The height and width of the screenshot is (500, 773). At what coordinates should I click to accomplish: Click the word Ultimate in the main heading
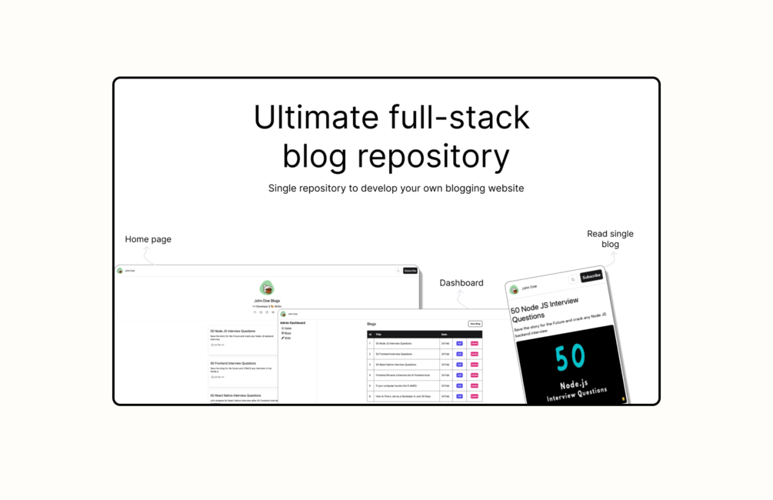316,118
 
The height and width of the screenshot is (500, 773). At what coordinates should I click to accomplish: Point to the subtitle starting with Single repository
395,188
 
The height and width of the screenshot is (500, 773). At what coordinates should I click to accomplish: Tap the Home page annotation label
148,239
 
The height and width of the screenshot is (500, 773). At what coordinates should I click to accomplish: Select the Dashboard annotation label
461,283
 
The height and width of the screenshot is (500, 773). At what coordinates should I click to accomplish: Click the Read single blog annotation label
610,238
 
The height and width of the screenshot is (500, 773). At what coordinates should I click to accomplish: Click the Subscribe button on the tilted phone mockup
591,276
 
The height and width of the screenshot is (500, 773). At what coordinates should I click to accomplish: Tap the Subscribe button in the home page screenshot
410,271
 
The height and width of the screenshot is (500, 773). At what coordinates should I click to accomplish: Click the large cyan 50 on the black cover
570,357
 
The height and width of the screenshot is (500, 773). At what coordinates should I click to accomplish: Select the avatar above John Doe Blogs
267,288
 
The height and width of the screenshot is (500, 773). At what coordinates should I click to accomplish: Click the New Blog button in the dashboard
475,324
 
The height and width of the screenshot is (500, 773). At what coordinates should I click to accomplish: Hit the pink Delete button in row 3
474,365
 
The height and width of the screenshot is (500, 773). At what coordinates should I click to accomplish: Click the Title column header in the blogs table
378,335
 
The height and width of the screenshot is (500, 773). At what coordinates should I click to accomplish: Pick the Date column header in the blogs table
445,335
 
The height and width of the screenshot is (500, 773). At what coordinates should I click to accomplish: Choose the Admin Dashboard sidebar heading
292,323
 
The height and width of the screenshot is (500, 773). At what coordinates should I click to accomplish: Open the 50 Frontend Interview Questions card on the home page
233,363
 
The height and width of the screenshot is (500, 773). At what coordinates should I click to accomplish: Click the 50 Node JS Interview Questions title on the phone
545,309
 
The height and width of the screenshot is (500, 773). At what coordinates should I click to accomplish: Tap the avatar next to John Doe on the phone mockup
514,290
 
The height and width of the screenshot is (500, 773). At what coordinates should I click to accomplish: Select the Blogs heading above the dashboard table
372,325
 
